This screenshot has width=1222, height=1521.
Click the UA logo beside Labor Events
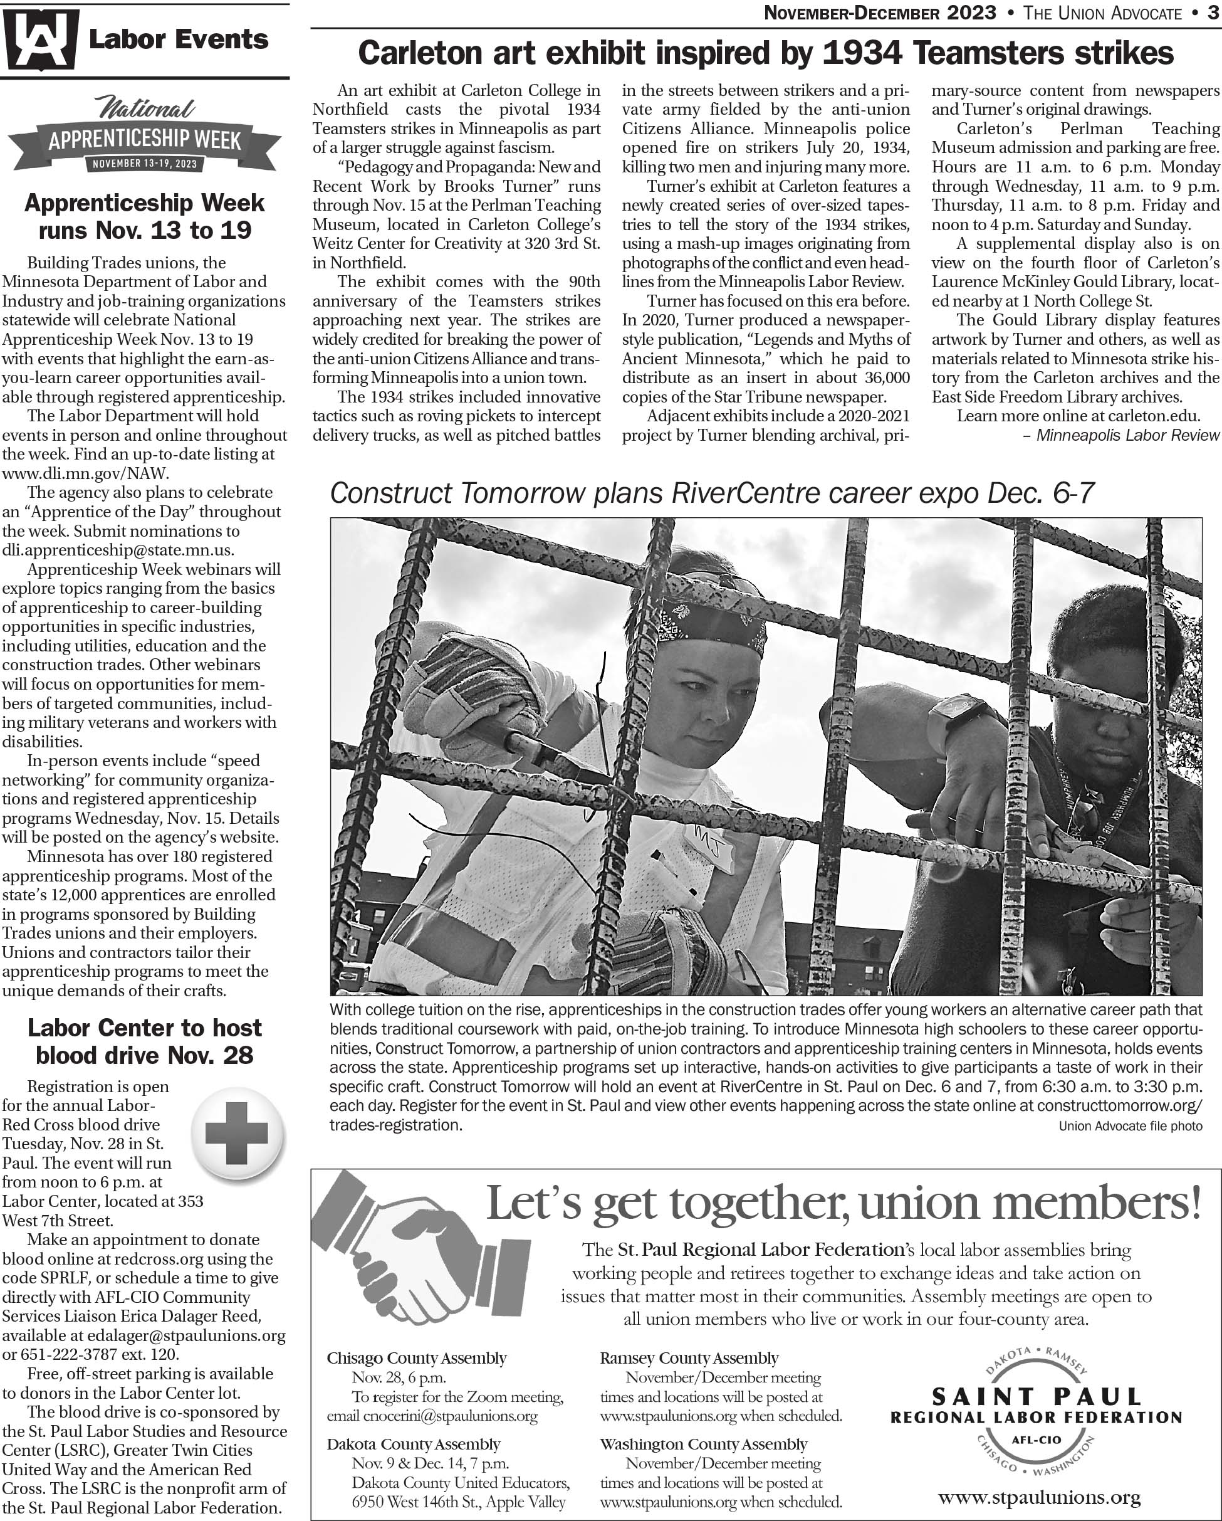point(39,39)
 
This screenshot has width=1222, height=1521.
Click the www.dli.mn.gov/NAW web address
point(85,473)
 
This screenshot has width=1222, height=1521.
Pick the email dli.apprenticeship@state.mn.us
point(118,550)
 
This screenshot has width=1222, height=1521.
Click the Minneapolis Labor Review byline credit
point(1127,434)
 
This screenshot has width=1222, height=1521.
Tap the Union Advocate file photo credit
point(1131,1126)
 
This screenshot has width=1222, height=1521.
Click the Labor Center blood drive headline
point(145,1041)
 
